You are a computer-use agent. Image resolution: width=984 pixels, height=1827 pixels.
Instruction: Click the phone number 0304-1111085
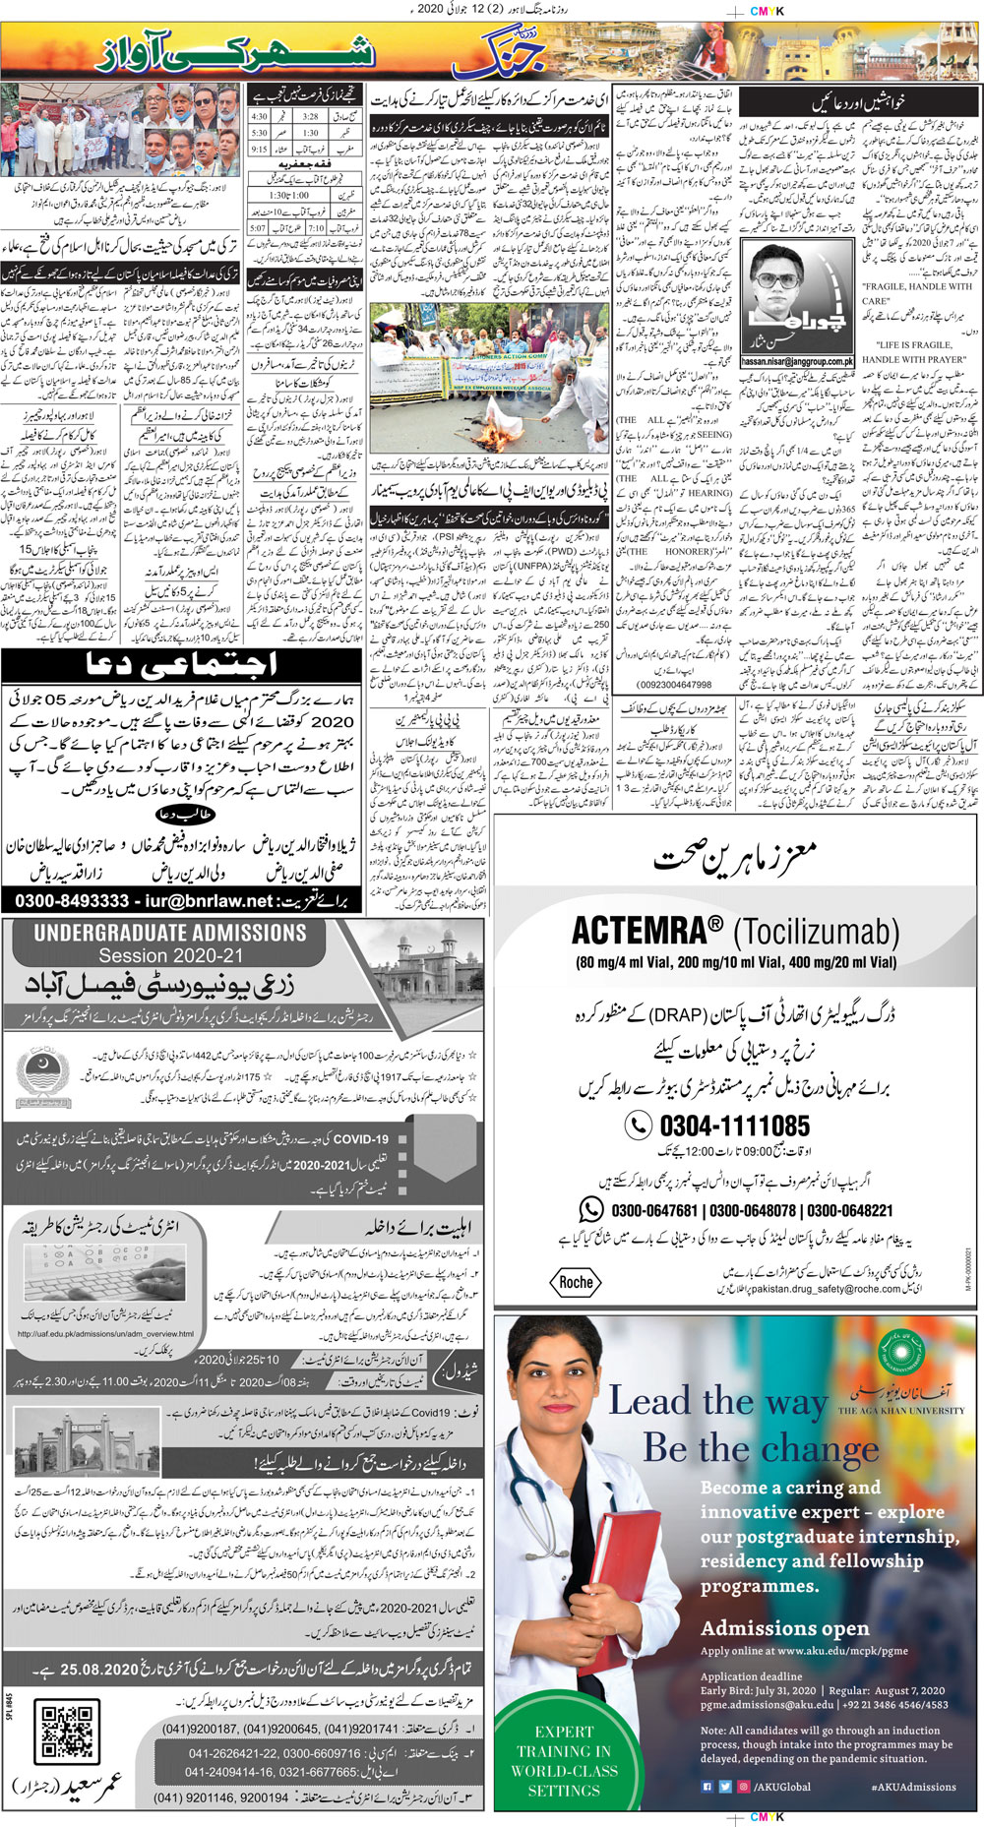pos(734,1126)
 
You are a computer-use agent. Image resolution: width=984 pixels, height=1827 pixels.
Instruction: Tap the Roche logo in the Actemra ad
pos(576,1282)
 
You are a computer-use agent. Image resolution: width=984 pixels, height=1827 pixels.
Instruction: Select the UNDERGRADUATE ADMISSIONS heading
pos(170,933)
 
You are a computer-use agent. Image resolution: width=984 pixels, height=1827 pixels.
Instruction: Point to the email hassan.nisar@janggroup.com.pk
pos(797,361)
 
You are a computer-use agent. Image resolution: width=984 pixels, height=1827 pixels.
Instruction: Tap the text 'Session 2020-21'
pos(170,956)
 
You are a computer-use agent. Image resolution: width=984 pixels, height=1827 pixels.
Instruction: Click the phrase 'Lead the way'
pos(717,1400)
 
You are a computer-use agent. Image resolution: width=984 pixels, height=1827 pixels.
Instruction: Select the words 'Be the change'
pos(761,1448)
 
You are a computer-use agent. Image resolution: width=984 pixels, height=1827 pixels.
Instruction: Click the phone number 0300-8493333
pos(72,900)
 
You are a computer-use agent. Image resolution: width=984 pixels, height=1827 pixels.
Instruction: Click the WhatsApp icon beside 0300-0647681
pos(590,1209)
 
